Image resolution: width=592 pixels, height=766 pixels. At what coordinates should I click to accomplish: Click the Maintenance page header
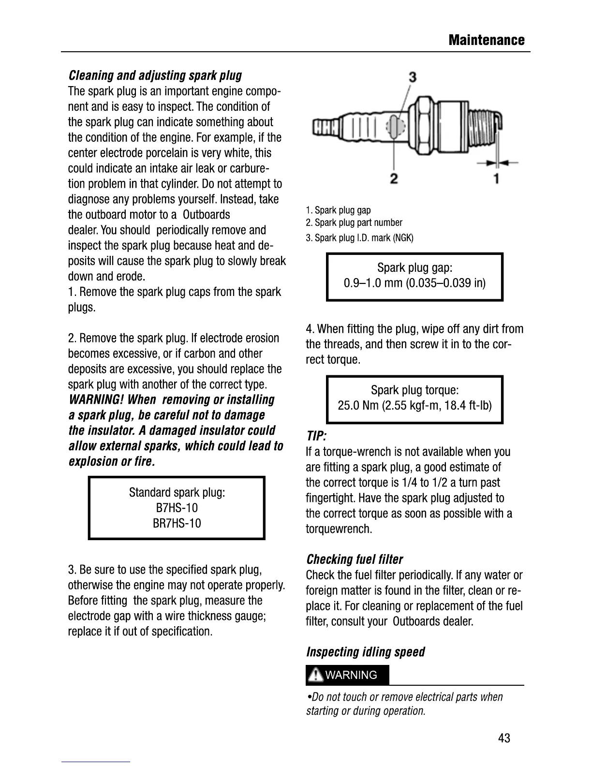click(486, 40)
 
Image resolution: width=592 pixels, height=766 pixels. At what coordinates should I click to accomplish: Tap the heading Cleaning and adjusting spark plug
click(155, 75)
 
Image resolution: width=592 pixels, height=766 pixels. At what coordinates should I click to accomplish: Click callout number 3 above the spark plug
click(413, 76)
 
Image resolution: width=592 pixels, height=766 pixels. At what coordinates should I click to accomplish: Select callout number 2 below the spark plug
click(394, 178)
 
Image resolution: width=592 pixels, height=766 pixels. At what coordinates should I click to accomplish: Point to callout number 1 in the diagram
click(496, 178)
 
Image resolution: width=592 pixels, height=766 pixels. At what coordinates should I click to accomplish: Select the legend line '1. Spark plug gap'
click(338, 210)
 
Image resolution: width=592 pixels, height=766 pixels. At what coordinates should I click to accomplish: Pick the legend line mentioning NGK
click(359, 238)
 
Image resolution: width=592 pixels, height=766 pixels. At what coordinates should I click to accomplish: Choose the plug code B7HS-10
click(177, 508)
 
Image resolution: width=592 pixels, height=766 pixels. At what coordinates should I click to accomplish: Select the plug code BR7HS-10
click(177, 523)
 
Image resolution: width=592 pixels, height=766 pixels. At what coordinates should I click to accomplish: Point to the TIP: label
click(316, 437)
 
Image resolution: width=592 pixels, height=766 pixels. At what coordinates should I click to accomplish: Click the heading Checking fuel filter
click(355, 560)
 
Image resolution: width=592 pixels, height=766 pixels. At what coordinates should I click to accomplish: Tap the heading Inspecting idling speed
click(366, 652)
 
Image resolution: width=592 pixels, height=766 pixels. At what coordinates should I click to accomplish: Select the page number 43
click(504, 738)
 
